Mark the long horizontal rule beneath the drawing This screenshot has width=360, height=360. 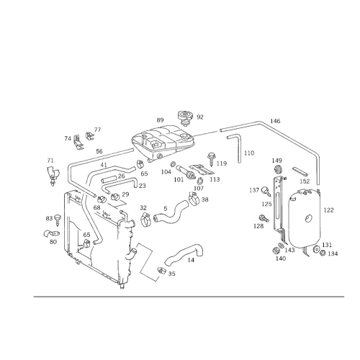180,297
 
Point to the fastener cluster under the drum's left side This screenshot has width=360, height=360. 281,248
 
